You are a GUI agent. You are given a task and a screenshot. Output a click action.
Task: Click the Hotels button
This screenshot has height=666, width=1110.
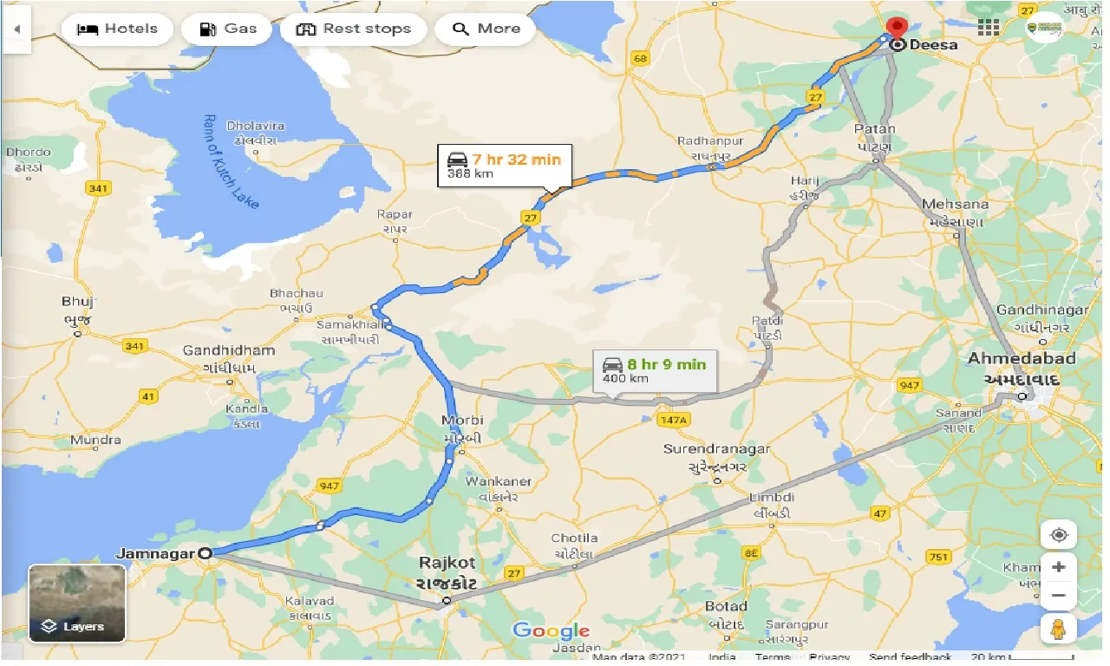click(x=117, y=29)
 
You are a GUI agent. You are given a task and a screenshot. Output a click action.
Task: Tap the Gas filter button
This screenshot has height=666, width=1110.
click(x=227, y=29)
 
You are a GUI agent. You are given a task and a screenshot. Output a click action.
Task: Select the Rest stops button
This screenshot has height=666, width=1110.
click(x=353, y=29)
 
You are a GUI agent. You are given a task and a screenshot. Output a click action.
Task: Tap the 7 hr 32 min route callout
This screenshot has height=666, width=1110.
click(x=504, y=166)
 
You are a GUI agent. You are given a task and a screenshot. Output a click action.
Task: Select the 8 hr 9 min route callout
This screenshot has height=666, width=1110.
click(x=654, y=369)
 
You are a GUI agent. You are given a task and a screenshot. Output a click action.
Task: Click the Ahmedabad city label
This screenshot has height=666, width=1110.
click(x=1022, y=358)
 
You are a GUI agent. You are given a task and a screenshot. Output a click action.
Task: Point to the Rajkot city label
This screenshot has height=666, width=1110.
click(x=447, y=562)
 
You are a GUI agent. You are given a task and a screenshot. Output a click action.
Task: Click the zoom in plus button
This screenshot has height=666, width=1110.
click(x=1058, y=567)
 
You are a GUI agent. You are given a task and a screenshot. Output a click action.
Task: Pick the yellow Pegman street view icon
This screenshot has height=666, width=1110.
click(x=1058, y=630)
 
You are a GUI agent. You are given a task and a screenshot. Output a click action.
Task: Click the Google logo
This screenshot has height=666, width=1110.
click(x=551, y=630)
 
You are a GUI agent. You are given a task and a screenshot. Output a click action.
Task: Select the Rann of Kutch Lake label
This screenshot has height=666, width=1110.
click(x=218, y=160)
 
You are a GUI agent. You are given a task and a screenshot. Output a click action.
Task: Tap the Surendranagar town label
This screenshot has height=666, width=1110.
click(x=715, y=449)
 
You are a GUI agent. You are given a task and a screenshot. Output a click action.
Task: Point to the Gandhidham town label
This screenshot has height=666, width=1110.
click(x=229, y=350)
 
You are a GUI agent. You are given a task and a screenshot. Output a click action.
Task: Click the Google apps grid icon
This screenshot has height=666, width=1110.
click(x=988, y=27)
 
